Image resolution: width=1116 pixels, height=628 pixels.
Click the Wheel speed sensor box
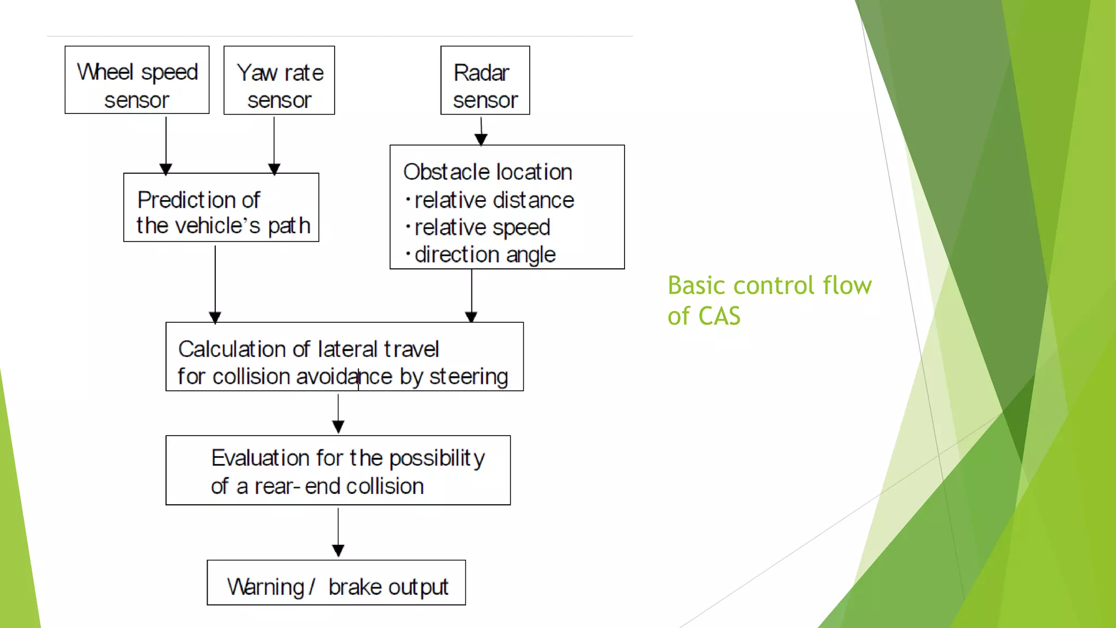click(137, 80)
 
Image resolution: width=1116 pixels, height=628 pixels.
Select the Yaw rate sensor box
click(279, 80)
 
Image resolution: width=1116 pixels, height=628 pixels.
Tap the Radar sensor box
click(485, 80)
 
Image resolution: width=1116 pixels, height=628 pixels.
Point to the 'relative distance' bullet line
click(493, 200)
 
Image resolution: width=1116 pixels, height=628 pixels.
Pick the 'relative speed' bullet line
click(481, 227)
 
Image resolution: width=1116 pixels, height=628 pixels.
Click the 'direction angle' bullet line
click(484, 255)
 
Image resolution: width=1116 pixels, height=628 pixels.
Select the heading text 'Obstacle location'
click(487, 172)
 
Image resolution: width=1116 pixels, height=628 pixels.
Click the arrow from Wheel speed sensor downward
click(166, 144)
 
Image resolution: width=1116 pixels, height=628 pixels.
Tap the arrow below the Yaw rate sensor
click(274, 144)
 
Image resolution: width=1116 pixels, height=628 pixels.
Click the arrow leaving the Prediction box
click(215, 283)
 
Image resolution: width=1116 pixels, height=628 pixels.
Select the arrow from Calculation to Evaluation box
click(338, 413)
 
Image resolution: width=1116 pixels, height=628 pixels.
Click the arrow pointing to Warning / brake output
click(338, 532)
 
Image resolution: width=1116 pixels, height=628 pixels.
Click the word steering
click(469, 377)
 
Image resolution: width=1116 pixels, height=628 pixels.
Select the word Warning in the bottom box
click(265, 587)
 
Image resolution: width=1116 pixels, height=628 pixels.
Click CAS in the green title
click(719, 316)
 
